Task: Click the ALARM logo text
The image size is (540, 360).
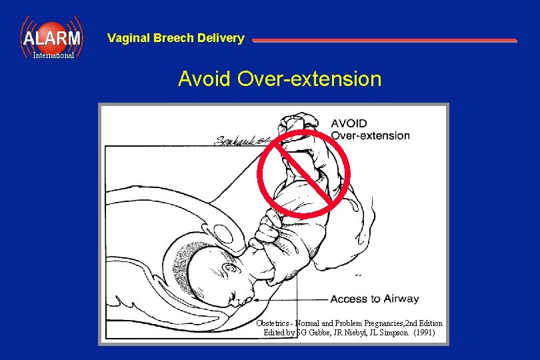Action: [x=51, y=38]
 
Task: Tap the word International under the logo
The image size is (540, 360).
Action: [x=53, y=56]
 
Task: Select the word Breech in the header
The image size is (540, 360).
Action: [x=174, y=38]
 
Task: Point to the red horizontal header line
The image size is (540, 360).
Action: [x=384, y=41]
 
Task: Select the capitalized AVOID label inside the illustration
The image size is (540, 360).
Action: [x=349, y=123]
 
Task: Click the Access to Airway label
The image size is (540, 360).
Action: [x=375, y=299]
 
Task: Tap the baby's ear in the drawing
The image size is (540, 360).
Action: [x=232, y=269]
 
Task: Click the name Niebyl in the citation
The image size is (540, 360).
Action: [x=345, y=332]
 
